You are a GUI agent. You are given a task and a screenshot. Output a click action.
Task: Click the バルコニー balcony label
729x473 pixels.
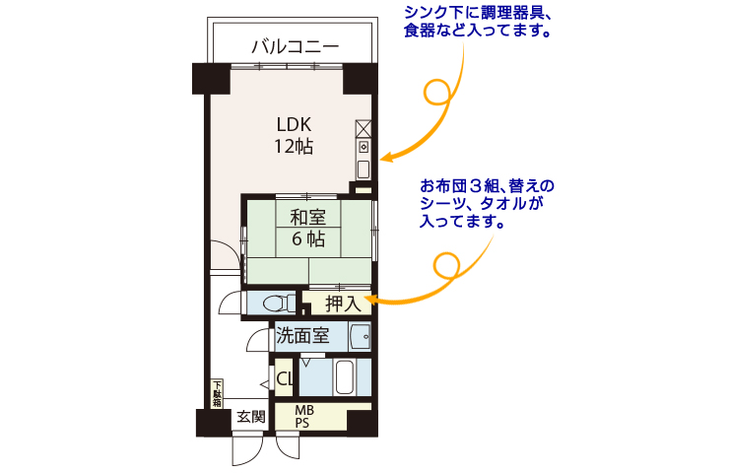[296, 46]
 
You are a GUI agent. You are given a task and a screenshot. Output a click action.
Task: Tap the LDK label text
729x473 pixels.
[294, 124]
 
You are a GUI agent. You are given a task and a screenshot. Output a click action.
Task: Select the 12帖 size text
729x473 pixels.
[294, 147]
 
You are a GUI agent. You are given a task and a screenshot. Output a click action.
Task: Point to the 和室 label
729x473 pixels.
[307, 217]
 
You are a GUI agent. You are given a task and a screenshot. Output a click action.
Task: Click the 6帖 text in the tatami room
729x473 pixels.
[308, 239]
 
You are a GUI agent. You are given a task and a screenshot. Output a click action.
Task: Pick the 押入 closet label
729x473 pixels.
[343, 304]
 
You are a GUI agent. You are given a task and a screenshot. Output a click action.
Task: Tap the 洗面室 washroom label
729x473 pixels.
[302, 336]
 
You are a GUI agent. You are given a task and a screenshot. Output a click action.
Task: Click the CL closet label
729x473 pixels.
[284, 378]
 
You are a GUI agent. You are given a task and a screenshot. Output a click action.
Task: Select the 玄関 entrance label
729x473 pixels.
[251, 417]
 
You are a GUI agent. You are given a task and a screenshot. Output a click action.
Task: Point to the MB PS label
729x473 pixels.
[304, 417]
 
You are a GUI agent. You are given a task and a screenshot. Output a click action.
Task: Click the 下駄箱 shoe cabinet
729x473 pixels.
[217, 394]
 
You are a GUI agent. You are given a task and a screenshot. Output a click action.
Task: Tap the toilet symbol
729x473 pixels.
[278, 304]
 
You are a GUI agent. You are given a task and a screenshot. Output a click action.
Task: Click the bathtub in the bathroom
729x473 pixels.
[345, 377]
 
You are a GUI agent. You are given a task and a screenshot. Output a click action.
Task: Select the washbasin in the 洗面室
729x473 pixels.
[361, 336]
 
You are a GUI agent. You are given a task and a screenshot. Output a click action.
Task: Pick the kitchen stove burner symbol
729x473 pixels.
[364, 148]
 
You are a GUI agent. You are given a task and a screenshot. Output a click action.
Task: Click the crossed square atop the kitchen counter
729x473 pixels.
[364, 129]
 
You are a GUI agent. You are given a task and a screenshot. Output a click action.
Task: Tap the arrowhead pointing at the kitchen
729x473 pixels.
[386, 158]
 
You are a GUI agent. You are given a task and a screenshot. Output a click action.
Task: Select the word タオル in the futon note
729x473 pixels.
[503, 204]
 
